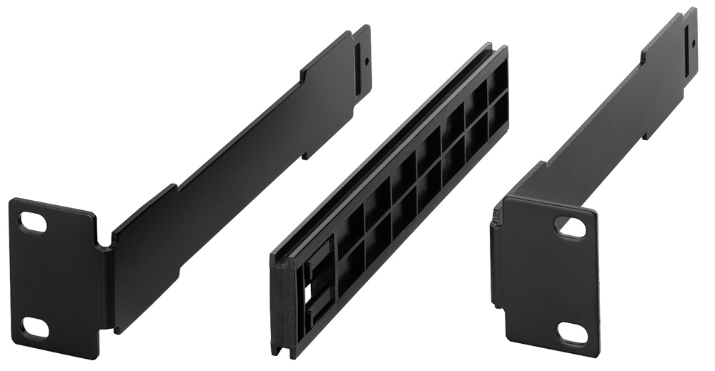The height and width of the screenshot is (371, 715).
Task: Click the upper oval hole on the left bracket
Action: point(33,222)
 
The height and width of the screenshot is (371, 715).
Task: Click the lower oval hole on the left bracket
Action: point(34,327)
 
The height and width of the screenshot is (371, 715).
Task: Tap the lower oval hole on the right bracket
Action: point(571,333)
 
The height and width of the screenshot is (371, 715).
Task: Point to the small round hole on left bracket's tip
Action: point(366,61)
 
